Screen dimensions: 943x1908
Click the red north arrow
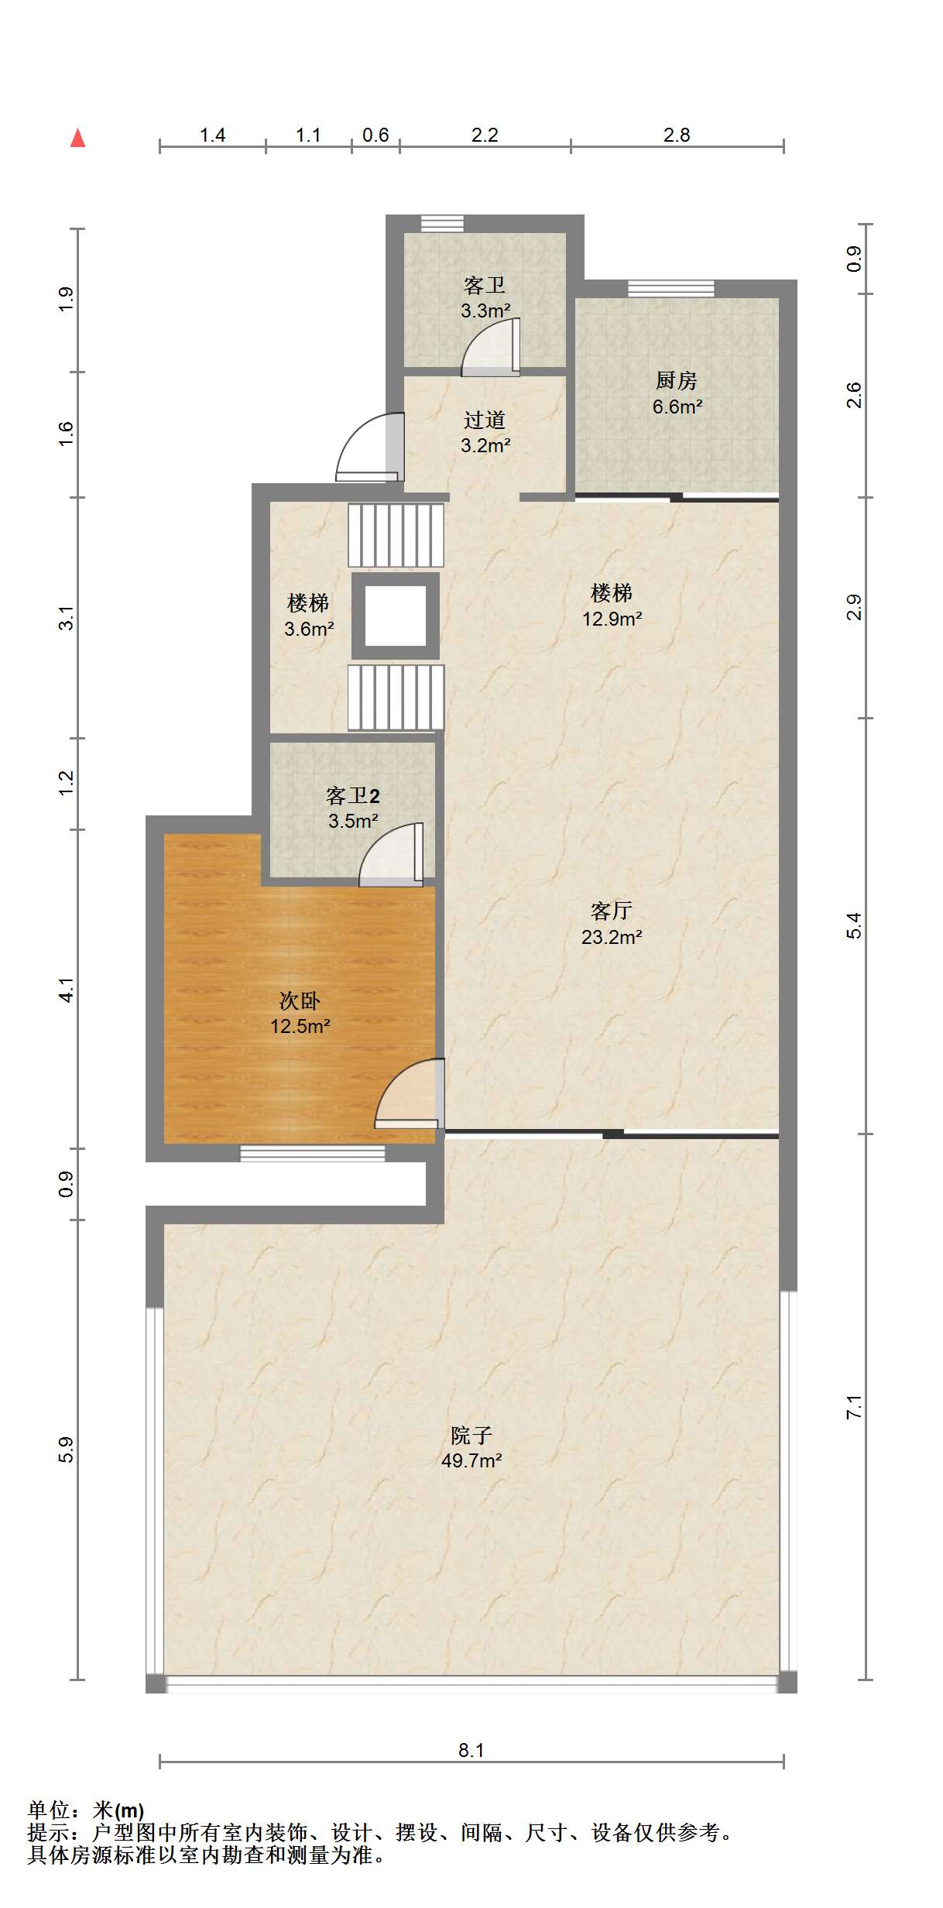click(77, 138)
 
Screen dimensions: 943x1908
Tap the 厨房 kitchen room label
click(677, 380)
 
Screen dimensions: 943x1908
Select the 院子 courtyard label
click(471, 1436)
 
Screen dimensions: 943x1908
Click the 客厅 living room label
click(612, 911)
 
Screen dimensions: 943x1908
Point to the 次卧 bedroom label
click(300, 1000)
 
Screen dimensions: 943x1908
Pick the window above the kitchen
click(671, 288)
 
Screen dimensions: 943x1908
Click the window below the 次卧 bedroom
click(312, 1154)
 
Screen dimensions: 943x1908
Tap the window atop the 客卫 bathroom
click(442, 223)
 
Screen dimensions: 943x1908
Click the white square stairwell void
click(396, 616)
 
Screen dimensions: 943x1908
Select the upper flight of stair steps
click(396, 535)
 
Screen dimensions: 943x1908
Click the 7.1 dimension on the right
click(854, 1407)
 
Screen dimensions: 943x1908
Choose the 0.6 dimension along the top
click(375, 135)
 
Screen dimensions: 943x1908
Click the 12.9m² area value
click(612, 619)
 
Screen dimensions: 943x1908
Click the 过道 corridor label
click(485, 420)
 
